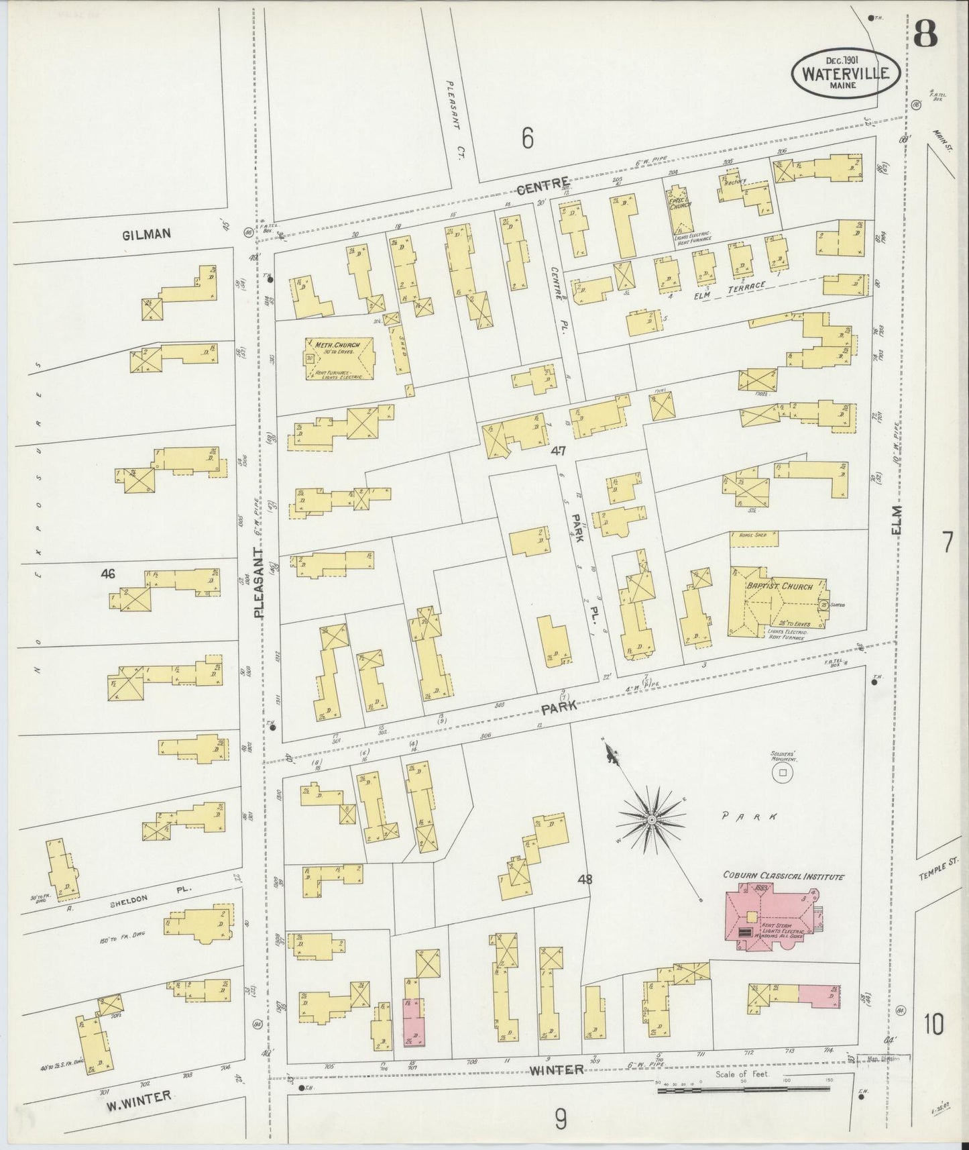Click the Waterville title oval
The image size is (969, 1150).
click(846, 73)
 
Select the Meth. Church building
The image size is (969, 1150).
click(338, 359)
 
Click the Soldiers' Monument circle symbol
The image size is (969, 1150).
click(781, 774)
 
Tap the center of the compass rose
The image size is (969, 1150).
click(651, 820)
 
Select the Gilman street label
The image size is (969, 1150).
click(146, 234)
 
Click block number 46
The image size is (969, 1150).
click(107, 574)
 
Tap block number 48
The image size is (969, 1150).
click(585, 878)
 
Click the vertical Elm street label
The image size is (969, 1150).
click(897, 521)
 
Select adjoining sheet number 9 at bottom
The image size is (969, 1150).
click(561, 1119)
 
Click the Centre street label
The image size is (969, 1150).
click(551, 182)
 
